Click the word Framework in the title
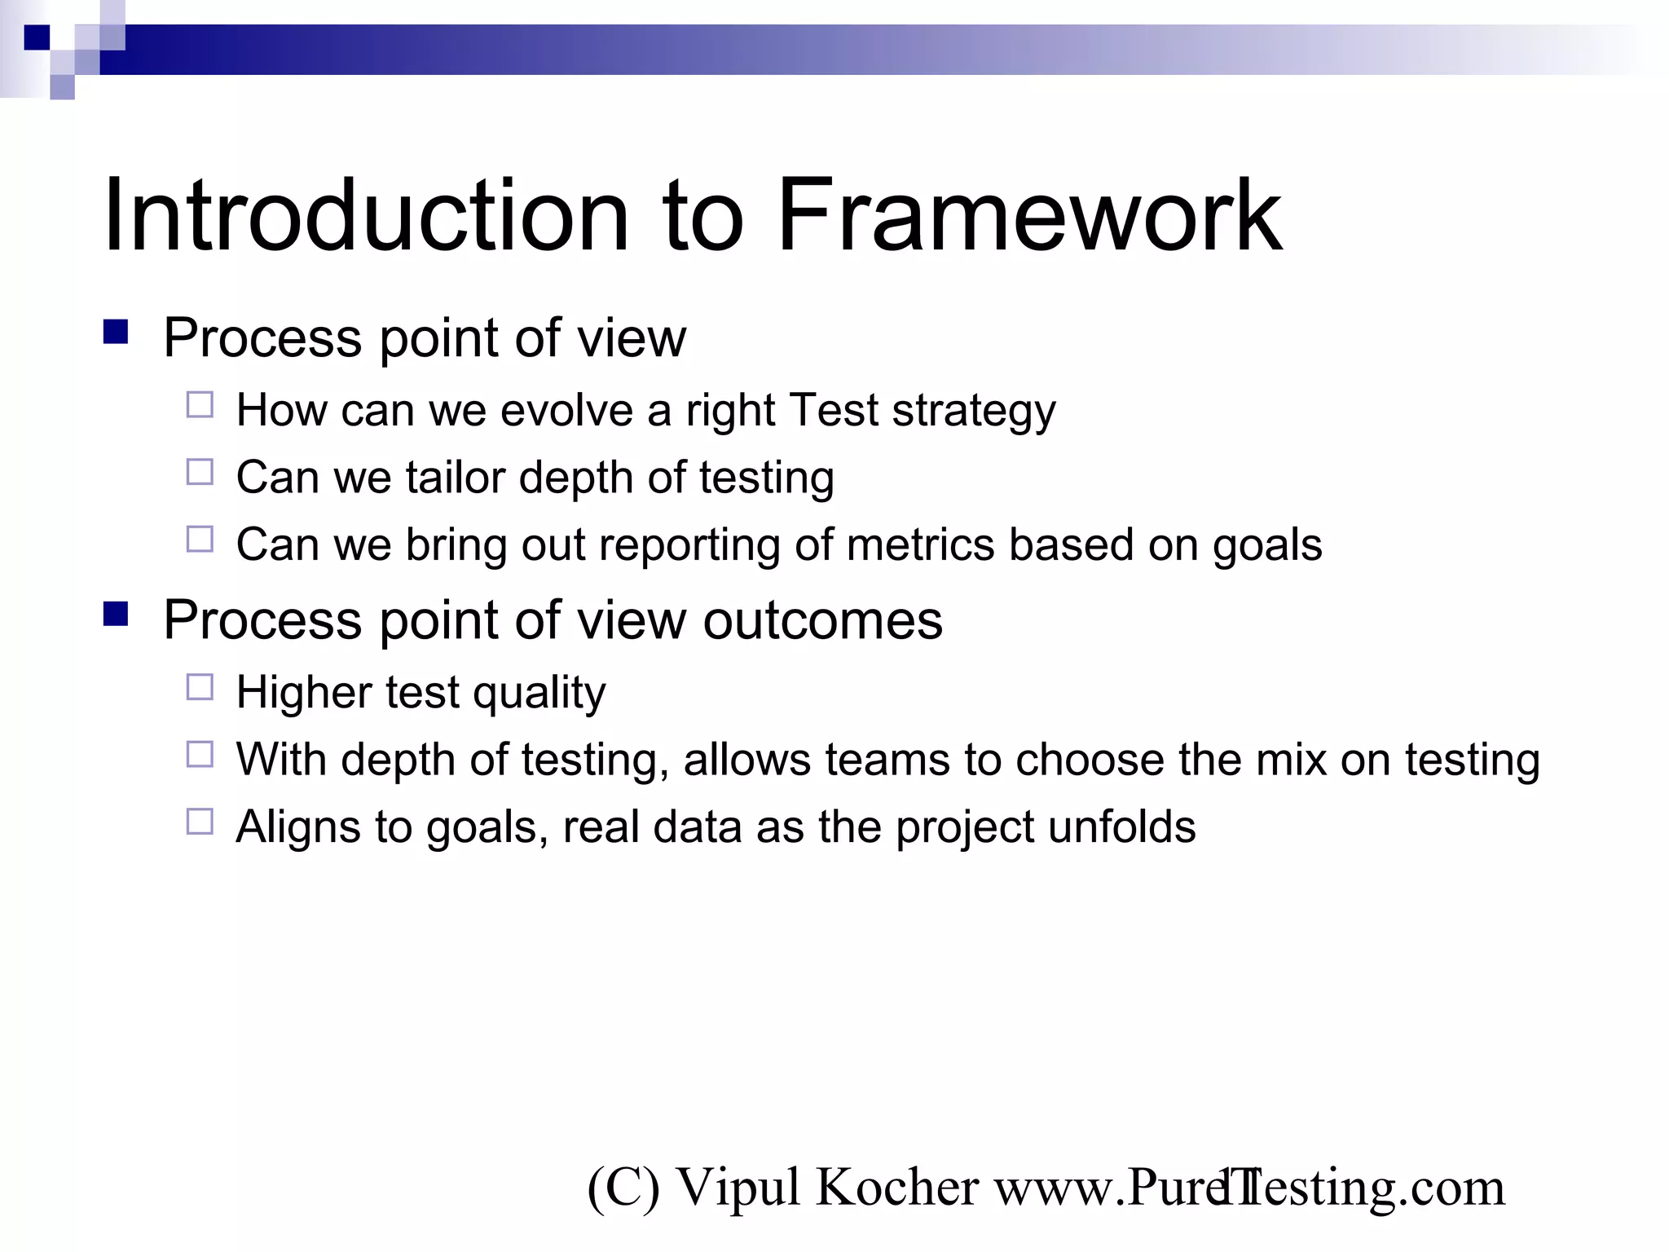tap(1028, 216)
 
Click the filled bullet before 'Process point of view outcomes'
tap(116, 614)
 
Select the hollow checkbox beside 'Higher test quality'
tap(200, 687)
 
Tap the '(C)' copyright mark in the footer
tap(623, 1188)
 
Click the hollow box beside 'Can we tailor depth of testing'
tap(200, 472)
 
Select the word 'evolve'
tap(566, 411)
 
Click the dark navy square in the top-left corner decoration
tap(37, 37)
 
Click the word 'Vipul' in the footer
tap(738, 1188)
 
